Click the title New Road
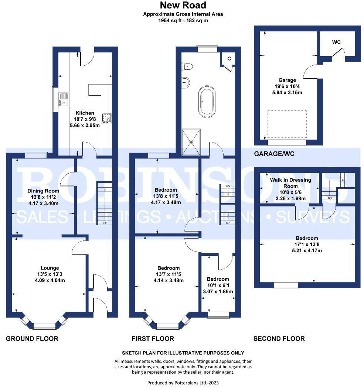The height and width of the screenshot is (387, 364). pyautogui.click(x=183, y=5)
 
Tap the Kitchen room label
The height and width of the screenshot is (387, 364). pyautogui.click(x=85, y=113)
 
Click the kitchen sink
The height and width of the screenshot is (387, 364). pyautogui.click(x=64, y=99)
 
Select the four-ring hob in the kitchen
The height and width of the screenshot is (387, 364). pyautogui.click(x=107, y=119)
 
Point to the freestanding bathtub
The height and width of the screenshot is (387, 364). pyautogui.click(x=207, y=102)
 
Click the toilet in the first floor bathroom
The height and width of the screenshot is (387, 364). pyautogui.click(x=187, y=66)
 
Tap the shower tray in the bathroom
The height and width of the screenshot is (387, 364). pyautogui.click(x=191, y=142)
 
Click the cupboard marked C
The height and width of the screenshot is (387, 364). pyautogui.click(x=229, y=59)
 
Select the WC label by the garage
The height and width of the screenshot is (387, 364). pyautogui.click(x=336, y=42)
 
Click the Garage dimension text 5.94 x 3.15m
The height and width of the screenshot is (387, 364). pyautogui.click(x=287, y=93)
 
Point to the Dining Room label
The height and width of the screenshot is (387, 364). pyautogui.click(x=43, y=191)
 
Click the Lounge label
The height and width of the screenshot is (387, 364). pyautogui.click(x=50, y=268)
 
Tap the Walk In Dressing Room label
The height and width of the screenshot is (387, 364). pyautogui.click(x=290, y=183)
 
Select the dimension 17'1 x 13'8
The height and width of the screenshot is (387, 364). pyautogui.click(x=307, y=244)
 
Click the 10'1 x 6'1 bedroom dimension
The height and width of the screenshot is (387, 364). pyautogui.click(x=218, y=285)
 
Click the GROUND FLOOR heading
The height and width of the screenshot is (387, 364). pyautogui.click(x=32, y=339)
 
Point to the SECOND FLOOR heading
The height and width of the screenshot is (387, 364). pyautogui.click(x=279, y=339)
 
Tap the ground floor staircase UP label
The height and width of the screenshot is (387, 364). pyautogui.click(x=105, y=223)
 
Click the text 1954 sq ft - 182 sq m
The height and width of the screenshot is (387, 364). pyautogui.click(x=183, y=20)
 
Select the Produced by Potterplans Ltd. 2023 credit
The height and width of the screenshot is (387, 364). pyautogui.click(x=183, y=383)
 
